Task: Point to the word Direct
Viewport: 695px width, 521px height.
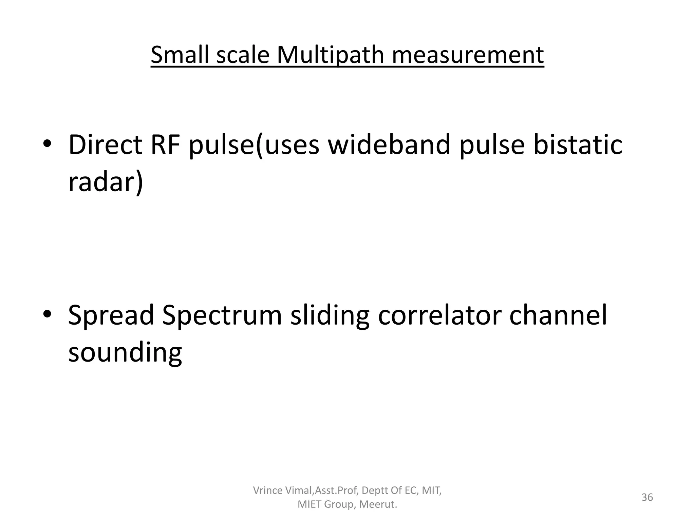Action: (105, 145)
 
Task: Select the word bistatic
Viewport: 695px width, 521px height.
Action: (578, 145)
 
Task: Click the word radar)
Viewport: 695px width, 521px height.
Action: (106, 182)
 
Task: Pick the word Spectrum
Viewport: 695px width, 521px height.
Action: (222, 315)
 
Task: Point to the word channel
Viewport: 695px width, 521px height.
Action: (558, 315)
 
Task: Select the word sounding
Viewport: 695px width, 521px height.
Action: (125, 353)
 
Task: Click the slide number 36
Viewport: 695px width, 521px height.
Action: (647, 497)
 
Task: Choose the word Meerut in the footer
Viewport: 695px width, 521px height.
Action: (377, 504)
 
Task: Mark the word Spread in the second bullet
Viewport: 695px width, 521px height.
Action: (111, 315)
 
